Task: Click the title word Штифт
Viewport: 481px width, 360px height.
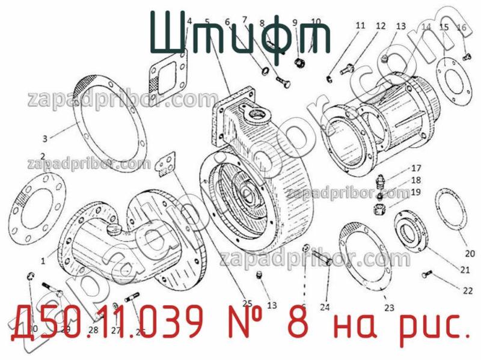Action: [239, 34]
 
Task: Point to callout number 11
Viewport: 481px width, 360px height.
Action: [360, 26]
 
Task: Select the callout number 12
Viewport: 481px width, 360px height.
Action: [381, 26]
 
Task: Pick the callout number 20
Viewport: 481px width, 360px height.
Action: [470, 254]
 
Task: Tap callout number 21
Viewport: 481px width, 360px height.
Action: [465, 270]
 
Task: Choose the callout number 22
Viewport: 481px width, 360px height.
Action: [468, 291]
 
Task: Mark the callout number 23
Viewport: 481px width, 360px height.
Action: [389, 308]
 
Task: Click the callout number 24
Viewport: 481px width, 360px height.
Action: [325, 307]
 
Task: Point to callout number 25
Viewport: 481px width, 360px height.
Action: [247, 303]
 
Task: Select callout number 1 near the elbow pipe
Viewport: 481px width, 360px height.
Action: [43, 261]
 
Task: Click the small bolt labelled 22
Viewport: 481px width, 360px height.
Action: [427, 275]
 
